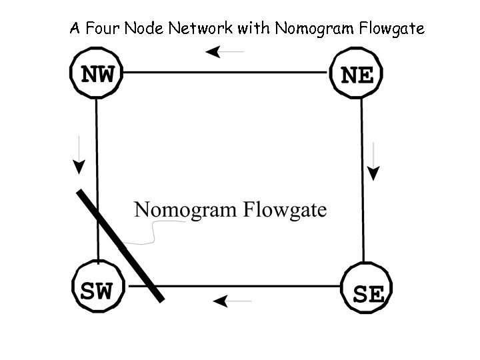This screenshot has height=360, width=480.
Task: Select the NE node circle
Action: [357, 74]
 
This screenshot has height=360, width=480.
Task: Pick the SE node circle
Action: [366, 291]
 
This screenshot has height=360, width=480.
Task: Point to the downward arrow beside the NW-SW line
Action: [79, 154]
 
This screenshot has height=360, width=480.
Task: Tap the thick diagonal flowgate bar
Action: [120, 245]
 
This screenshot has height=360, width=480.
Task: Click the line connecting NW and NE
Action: [227, 71]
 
